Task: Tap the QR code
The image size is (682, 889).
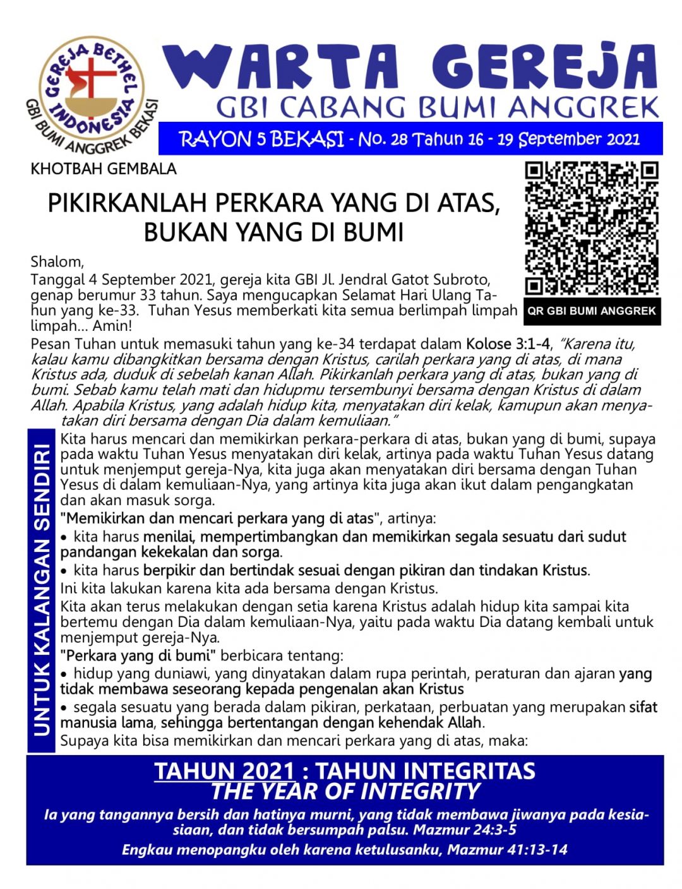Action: (592, 228)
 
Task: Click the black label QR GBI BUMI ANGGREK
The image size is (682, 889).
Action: (592, 311)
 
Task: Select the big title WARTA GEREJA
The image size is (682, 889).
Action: (411, 66)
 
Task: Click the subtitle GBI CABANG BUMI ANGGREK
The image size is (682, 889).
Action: (438, 107)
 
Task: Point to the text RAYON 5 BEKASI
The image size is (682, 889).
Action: (262, 139)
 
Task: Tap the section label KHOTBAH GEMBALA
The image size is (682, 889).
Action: (104, 169)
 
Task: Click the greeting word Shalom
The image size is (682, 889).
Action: (56, 262)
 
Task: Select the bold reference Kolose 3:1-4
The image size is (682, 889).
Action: (507, 344)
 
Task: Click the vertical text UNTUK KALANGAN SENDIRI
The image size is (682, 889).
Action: (42, 590)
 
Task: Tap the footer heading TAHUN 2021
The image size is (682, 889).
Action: (225, 771)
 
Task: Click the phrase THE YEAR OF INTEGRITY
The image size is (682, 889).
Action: (345, 791)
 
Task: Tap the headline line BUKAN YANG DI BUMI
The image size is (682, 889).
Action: (273, 232)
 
